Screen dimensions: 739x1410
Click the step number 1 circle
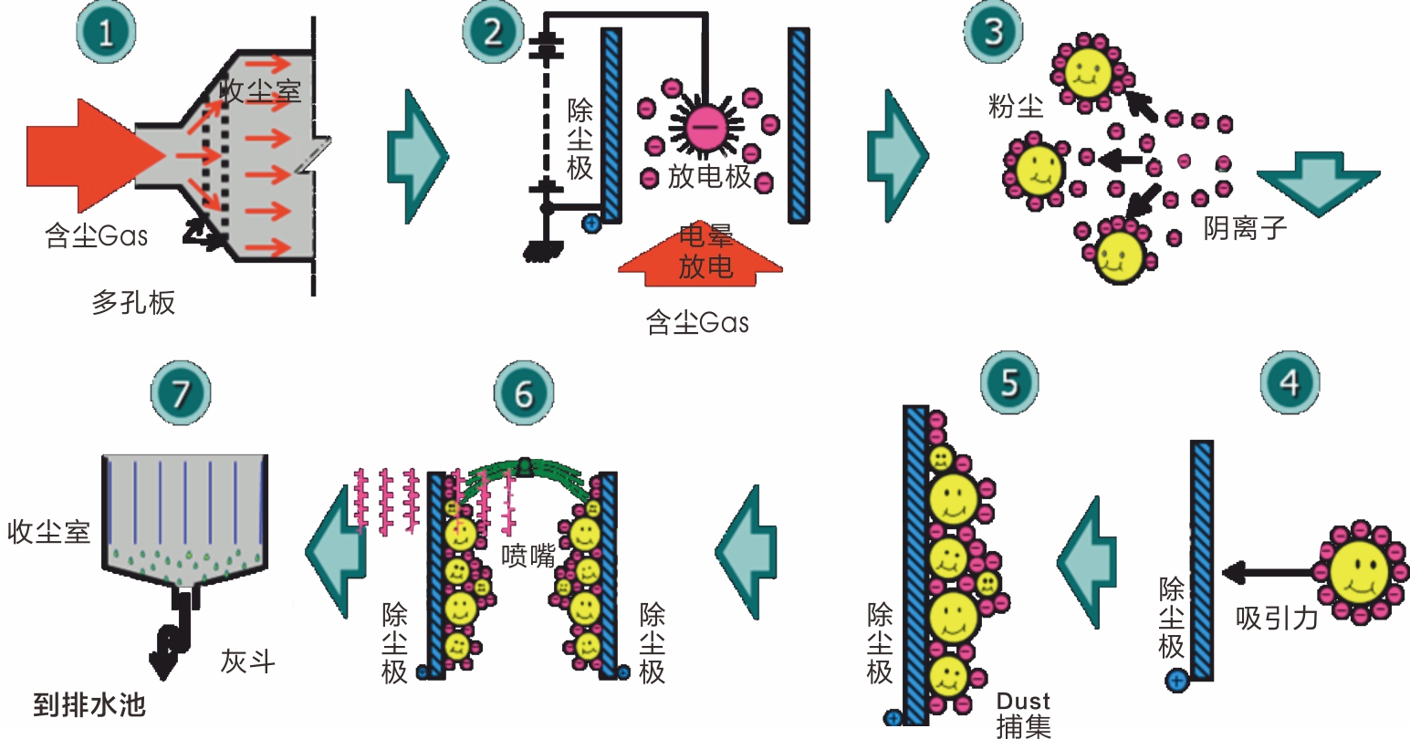click(106, 33)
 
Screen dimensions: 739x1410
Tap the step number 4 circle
click(1290, 382)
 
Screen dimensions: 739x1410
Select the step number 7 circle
click(180, 393)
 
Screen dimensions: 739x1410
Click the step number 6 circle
click(524, 393)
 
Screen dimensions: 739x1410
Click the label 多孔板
click(133, 302)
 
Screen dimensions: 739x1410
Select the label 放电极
click(709, 176)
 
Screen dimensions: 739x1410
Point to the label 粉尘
click(1015, 107)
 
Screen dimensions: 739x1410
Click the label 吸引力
click(1277, 619)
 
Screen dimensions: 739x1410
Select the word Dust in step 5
click(1023, 702)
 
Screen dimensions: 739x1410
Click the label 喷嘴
click(528, 556)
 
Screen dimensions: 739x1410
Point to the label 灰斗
click(247, 661)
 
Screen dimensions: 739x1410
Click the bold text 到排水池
click(89, 705)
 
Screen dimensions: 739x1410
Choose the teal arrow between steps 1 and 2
click(416, 156)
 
